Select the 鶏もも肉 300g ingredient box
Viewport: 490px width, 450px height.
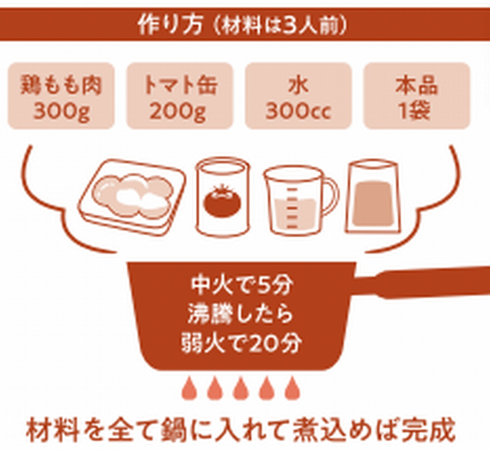tap(61, 96)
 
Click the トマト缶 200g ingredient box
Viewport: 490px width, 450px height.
tap(180, 96)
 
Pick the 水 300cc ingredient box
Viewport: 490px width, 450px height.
tap(298, 96)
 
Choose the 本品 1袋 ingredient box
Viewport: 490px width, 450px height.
tap(416, 96)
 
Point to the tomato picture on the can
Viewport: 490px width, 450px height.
tap(222, 202)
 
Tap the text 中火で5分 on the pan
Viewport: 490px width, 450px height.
tap(241, 286)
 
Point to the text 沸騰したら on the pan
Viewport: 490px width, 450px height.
tap(241, 314)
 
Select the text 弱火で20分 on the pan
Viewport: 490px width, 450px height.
tap(241, 343)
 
